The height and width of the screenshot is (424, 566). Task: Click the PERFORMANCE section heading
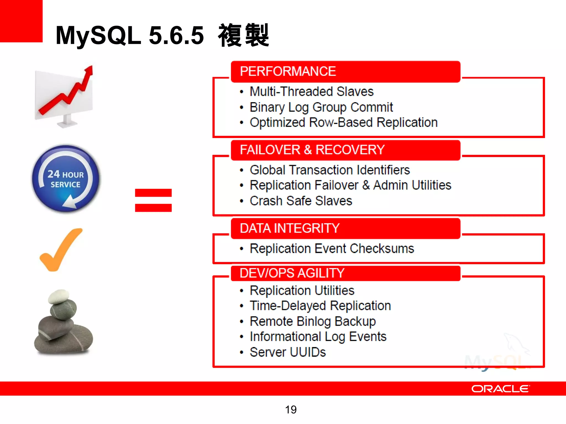(288, 71)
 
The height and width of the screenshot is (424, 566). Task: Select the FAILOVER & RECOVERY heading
(312, 150)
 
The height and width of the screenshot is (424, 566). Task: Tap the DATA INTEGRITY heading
(289, 228)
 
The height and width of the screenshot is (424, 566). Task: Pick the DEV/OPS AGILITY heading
(292, 273)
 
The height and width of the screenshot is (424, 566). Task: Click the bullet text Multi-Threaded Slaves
(311, 92)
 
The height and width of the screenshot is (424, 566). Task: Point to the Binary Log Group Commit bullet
(321, 107)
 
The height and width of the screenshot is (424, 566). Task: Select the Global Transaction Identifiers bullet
(329, 170)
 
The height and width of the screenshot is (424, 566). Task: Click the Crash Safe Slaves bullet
(301, 201)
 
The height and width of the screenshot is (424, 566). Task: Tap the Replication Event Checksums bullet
(332, 248)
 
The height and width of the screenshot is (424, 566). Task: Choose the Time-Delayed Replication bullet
(320, 306)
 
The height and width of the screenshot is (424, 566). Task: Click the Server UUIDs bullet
(287, 352)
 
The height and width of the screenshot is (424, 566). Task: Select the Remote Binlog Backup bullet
(313, 321)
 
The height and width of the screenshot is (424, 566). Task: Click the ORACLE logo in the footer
(501, 389)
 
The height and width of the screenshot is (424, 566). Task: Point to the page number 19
(291, 410)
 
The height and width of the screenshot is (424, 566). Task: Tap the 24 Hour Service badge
(65, 179)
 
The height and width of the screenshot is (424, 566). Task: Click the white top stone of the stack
(59, 296)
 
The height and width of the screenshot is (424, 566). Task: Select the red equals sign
(153, 200)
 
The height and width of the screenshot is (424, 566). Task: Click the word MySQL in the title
(98, 35)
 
